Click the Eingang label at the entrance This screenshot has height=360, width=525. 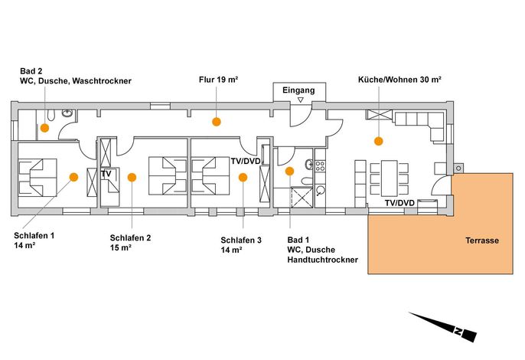coord(298,90)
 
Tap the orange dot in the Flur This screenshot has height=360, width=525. coord(217,122)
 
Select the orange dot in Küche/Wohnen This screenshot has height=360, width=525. coord(378,141)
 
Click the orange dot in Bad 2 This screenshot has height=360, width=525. coord(44,128)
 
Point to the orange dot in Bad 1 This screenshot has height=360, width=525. coord(289,172)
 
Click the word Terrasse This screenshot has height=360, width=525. coord(482,241)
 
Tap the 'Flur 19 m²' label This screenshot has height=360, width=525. coord(218,80)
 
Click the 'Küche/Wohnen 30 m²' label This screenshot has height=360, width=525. coord(399,80)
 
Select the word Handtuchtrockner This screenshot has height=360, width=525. coord(322,260)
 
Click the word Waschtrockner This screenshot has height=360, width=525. coord(102,80)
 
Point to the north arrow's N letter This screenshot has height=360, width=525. coord(458,332)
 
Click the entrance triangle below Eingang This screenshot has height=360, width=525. coord(301,100)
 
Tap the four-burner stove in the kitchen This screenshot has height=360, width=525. coord(320,166)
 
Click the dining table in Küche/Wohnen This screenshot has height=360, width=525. coord(389,178)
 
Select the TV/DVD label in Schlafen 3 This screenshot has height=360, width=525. coord(246,161)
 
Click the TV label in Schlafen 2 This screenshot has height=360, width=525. coord(106,174)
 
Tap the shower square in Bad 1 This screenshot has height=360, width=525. coord(302,198)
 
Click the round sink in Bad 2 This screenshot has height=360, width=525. coord(67,113)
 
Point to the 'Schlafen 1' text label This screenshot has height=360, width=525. coord(34,235)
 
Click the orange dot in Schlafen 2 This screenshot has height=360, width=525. coord(132,177)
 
